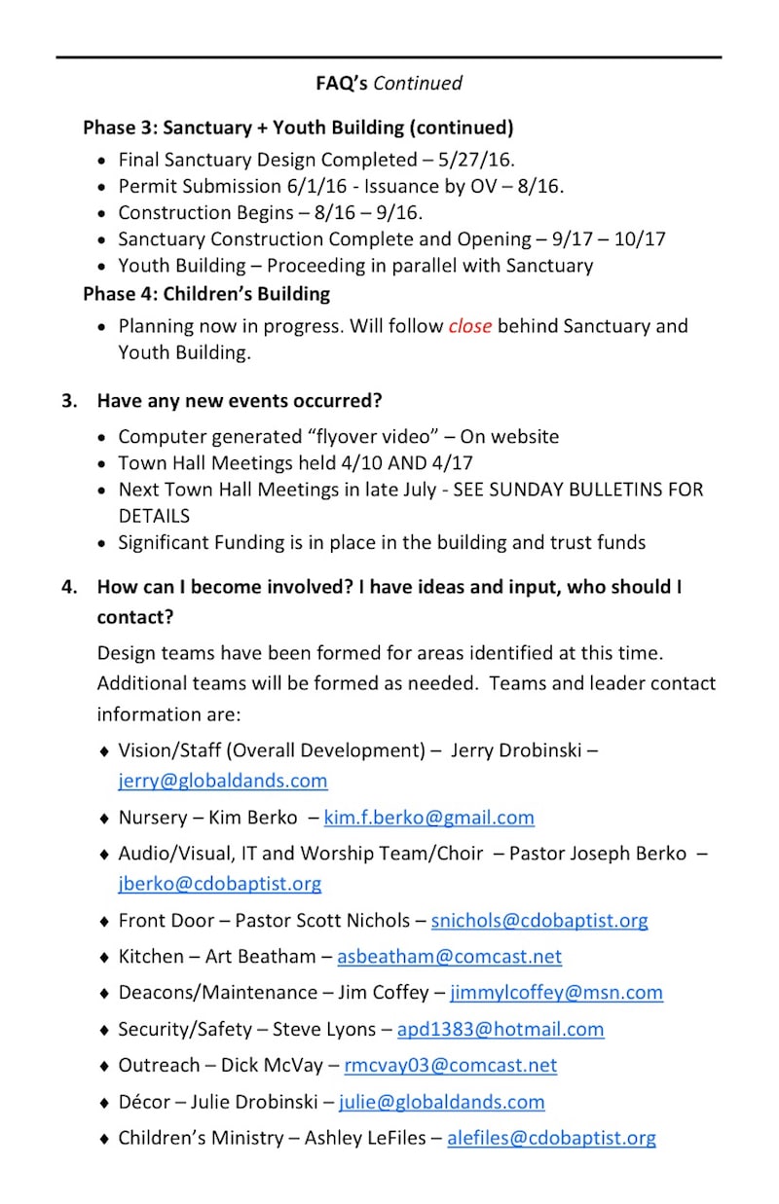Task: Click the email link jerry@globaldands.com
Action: (223, 781)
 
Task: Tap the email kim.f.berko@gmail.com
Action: (428, 818)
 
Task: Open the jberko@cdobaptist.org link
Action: (220, 884)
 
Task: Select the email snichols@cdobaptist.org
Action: (539, 920)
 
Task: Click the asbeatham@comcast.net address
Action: (449, 957)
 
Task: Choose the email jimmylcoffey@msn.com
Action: (556, 993)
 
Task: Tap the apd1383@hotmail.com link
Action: (501, 1029)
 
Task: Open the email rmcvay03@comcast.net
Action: (451, 1065)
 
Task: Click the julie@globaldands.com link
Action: (442, 1102)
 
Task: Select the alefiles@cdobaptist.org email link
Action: (551, 1138)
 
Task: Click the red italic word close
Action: (469, 326)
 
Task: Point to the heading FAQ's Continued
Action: (389, 84)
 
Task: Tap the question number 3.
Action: (68, 400)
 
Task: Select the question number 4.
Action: (68, 587)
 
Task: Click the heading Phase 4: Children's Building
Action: (206, 293)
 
